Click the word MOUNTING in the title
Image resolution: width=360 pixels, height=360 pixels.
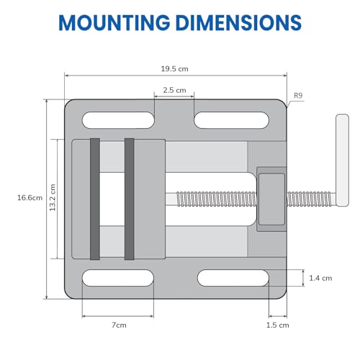[114, 22]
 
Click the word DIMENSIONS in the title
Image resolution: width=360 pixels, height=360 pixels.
[239, 22]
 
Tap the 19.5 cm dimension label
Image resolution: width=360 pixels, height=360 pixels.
[174, 69]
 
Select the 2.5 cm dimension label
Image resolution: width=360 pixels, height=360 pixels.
[174, 90]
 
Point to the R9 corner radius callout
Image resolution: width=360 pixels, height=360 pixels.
[298, 96]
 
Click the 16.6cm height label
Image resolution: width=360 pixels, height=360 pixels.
[30, 198]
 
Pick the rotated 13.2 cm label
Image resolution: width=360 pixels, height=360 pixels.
[53, 197]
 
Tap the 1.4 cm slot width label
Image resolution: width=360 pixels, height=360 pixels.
[320, 278]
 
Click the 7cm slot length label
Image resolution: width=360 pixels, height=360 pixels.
[119, 325]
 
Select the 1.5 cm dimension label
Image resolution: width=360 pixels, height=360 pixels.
[278, 325]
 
